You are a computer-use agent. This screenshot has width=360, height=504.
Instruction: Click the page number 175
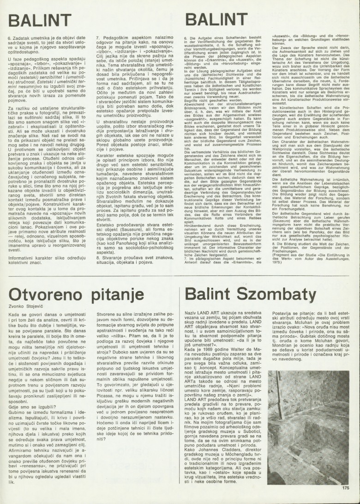pyautogui.click(x=346, y=487)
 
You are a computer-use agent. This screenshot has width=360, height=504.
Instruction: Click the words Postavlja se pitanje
pyautogui.click(x=294, y=314)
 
